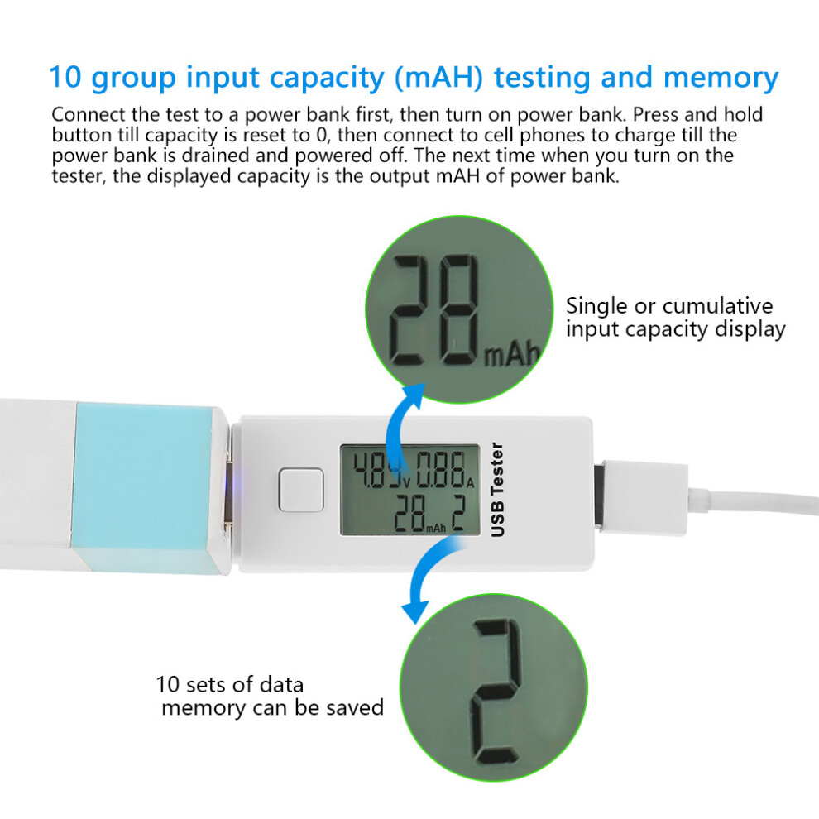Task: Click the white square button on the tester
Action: pos(301,490)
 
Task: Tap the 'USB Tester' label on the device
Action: pos(497,490)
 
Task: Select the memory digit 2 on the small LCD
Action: pos(457,513)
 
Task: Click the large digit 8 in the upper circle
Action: pos(458,310)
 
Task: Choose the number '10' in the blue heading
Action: pos(65,77)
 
